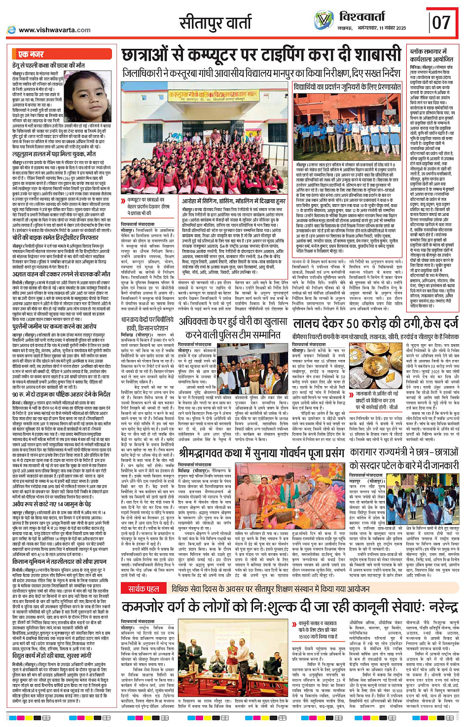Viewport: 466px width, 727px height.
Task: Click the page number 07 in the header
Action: coord(441,22)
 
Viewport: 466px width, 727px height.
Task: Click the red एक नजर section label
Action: coord(31,54)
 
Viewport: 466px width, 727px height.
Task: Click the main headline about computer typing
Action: coord(262,55)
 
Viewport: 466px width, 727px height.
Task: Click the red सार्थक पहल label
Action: coord(143,589)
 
